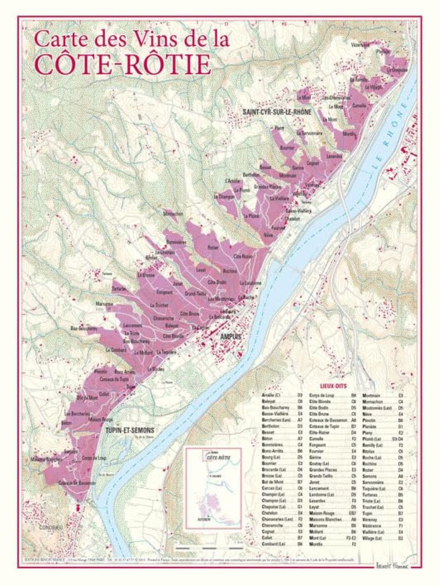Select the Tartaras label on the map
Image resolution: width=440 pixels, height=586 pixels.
point(119,288)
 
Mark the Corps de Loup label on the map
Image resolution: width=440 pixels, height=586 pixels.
point(93,458)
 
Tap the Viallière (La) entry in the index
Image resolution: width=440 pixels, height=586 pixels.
point(375,532)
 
